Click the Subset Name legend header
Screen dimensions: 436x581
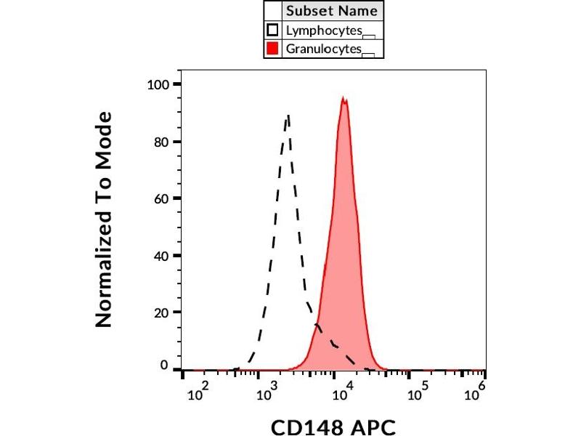click(x=331, y=11)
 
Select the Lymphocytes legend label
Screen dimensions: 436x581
click(x=324, y=31)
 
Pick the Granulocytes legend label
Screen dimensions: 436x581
click(x=324, y=49)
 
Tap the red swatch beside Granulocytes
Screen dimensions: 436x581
click(x=273, y=49)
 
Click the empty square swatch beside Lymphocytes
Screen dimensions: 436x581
click(x=273, y=31)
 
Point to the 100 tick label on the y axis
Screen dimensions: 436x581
click(x=158, y=84)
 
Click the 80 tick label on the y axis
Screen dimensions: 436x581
click(x=161, y=142)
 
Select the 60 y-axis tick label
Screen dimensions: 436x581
click(x=161, y=198)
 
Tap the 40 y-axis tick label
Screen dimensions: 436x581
click(x=161, y=256)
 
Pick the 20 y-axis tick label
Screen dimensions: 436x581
click(x=161, y=312)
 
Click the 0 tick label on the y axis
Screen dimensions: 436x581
click(x=165, y=366)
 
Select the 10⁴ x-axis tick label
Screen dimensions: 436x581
click(x=342, y=393)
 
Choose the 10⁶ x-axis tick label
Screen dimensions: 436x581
click(x=476, y=393)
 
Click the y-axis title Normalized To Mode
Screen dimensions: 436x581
click(x=105, y=219)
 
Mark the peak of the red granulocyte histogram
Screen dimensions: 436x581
click(x=344, y=99)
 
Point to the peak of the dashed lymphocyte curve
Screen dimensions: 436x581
click(x=288, y=115)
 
